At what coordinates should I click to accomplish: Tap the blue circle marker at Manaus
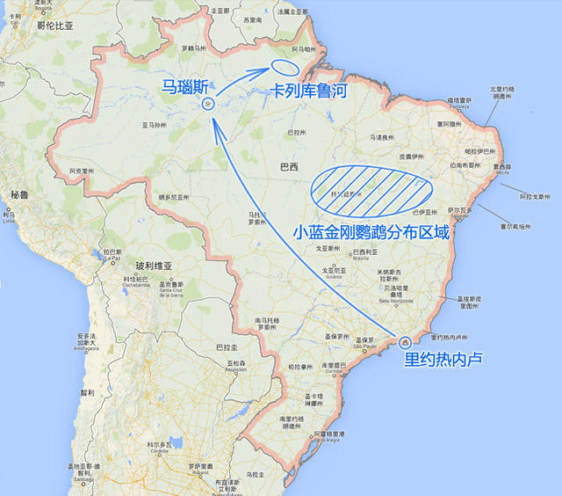208,104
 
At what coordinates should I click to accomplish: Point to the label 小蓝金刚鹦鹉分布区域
372,232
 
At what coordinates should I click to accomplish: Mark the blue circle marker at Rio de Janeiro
405,342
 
